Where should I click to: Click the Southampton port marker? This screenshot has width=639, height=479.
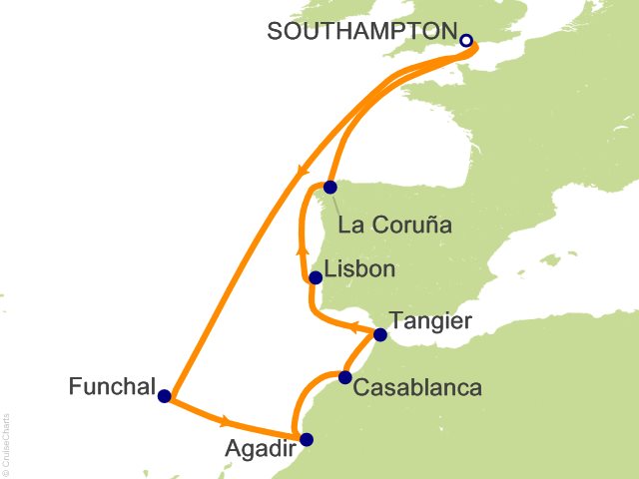466,41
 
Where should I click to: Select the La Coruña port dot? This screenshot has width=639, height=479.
330,187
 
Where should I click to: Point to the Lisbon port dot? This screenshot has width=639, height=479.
316,277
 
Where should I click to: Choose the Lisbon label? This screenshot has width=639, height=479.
362,269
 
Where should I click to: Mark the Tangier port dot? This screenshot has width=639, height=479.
379,334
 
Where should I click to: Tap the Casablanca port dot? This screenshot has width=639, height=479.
344,377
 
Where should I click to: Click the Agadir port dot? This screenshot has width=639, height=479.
307,439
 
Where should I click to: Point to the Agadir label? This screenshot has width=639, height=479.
261,449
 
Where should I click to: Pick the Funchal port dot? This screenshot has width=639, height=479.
165,395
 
